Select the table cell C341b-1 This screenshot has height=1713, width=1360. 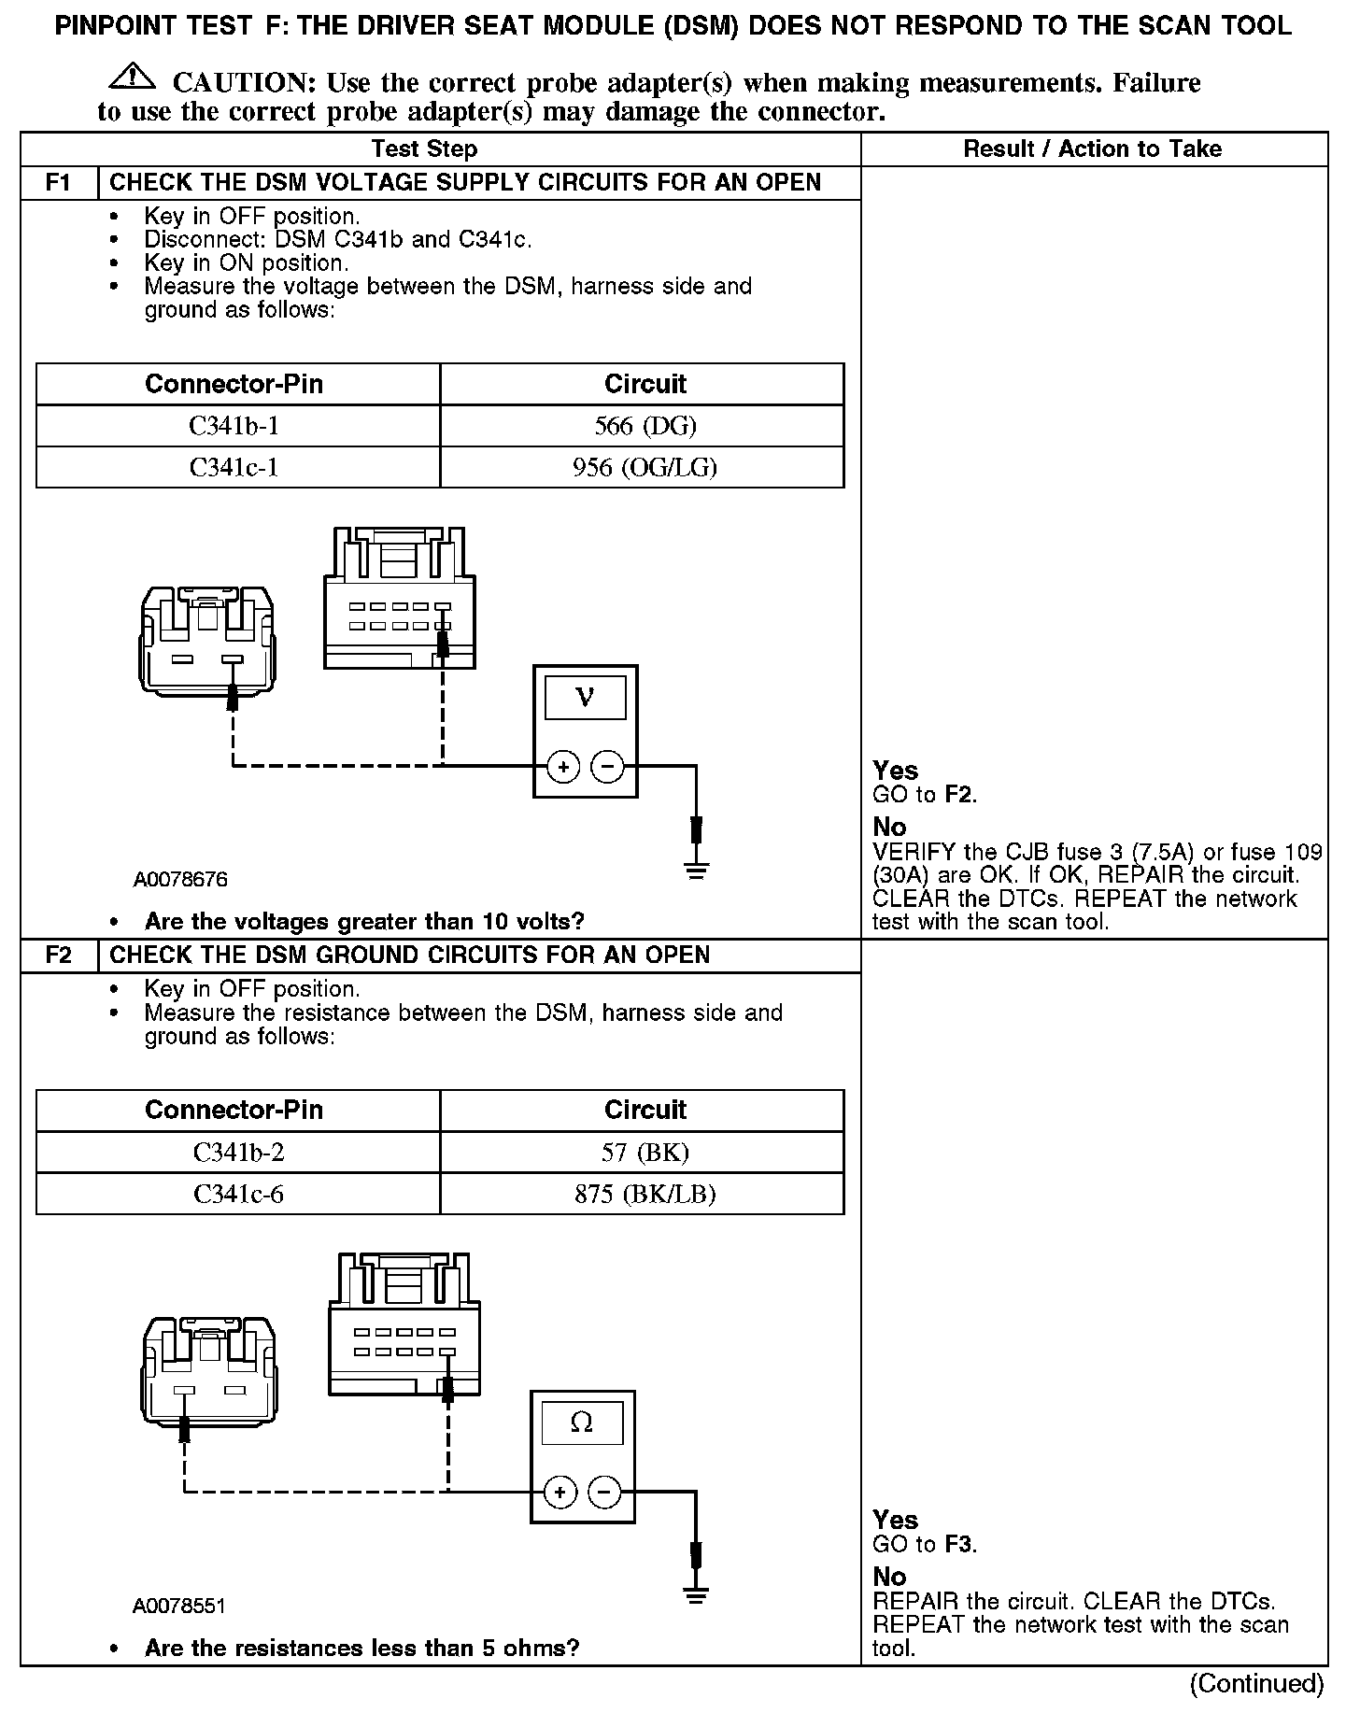point(234,426)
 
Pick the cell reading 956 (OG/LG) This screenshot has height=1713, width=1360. point(645,467)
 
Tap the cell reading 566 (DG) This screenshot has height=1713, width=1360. point(645,426)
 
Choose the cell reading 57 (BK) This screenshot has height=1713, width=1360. point(645,1153)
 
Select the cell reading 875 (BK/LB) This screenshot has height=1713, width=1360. point(645,1194)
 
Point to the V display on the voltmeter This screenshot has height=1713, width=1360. point(585,697)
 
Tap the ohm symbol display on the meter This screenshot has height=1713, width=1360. point(581,1423)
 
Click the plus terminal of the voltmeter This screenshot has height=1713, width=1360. point(562,767)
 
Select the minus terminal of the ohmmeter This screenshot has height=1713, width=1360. point(604,1493)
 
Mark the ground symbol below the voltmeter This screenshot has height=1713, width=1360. point(696,871)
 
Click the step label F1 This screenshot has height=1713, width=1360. point(59,182)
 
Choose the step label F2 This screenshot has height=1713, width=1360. point(59,956)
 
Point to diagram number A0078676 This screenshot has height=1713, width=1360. point(180,880)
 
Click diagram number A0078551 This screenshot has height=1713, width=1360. point(179,1607)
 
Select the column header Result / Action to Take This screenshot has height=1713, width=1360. point(1092,149)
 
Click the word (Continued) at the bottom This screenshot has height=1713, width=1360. point(1255,1683)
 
